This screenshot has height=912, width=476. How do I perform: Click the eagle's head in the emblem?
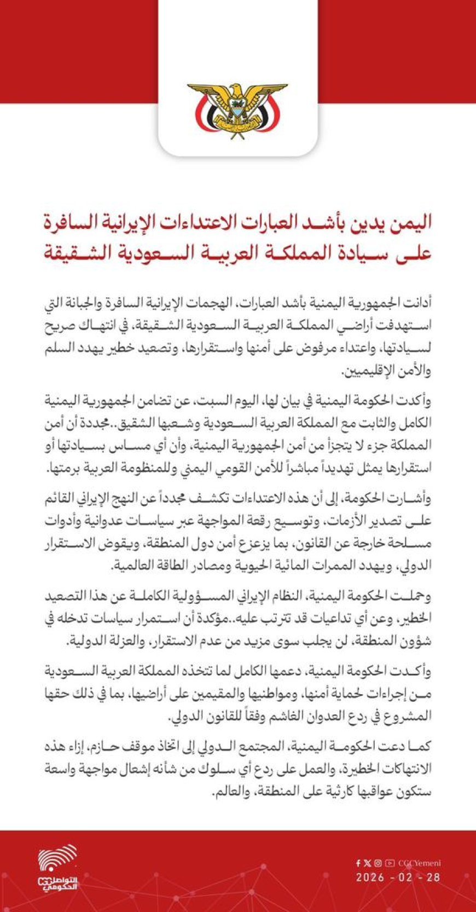236,90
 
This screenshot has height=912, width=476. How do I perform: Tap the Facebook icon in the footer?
358,863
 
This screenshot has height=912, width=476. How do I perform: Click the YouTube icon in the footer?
390,863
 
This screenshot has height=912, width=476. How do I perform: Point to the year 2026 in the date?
370,877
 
